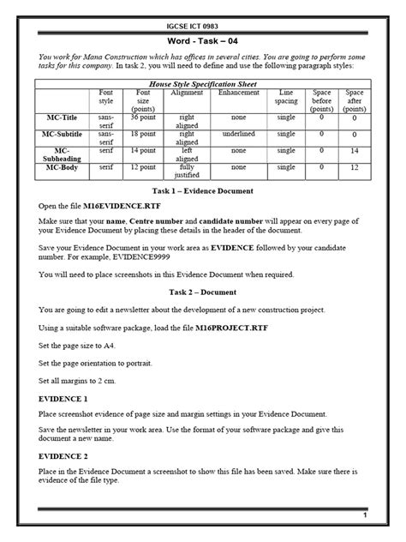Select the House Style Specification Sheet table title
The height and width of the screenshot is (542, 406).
(x=202, y=84)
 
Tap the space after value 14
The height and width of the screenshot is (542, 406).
(x=354, y=151)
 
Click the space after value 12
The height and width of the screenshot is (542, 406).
(x=354, y=168)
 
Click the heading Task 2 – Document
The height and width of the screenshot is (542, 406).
(x=203, y=292)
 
